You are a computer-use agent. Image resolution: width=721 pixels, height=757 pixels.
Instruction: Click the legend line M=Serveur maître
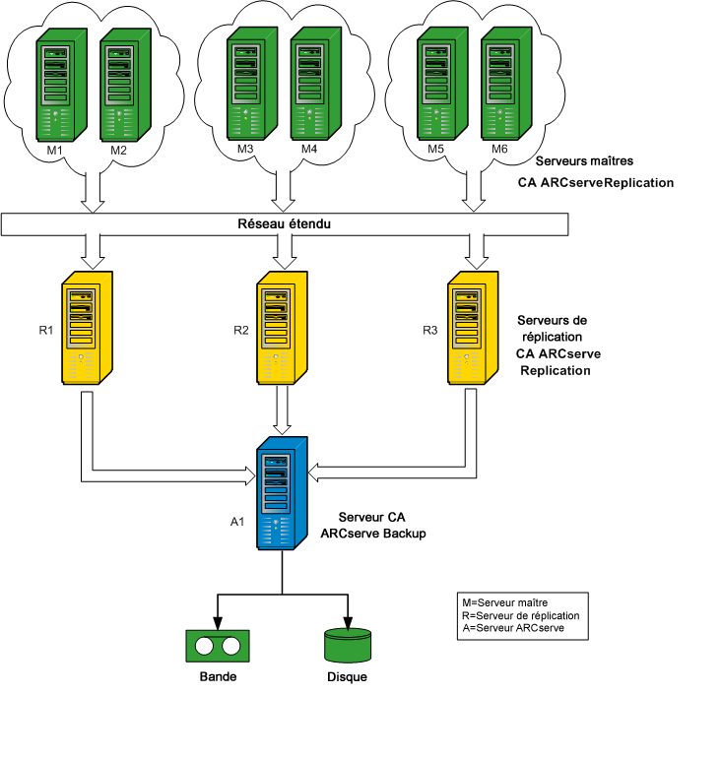[505, 601]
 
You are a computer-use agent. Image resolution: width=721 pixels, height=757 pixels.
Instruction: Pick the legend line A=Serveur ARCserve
[512, 628]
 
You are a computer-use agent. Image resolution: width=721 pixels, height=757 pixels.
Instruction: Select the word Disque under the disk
[347, 678]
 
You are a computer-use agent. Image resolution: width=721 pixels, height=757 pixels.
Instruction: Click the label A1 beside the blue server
[237, 522]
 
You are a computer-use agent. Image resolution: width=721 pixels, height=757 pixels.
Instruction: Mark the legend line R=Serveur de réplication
[521, 615]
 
